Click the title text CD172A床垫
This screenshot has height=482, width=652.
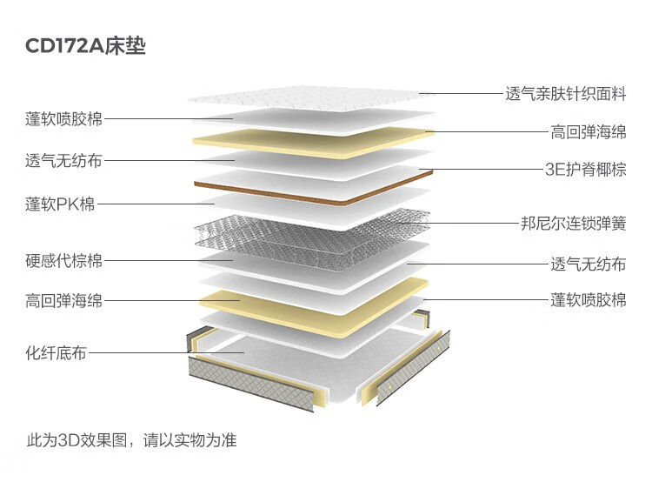[x=85, y=45]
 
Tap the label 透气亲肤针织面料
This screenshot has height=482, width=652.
[x=566, y=94]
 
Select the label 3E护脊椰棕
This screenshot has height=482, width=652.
[x=585, y=170]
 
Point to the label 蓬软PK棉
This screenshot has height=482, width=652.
[x=60, y=204]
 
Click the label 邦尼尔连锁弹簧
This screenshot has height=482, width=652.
[x=574, y=223]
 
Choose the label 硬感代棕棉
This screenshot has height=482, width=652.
[x=63, y=260]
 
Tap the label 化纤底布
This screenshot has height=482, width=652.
[x=57, y=353]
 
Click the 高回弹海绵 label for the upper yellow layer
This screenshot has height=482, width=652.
[x=589, y=132]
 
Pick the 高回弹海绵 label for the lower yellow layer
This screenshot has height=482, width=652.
[x=63, y=300]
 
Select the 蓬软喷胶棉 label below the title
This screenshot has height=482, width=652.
[x=63, y=118]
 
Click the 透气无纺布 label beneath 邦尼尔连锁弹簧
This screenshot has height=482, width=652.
[x=589, y=264]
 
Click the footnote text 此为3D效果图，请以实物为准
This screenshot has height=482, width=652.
[x=132, y=440]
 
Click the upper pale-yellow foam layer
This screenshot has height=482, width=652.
[x=312, y=143]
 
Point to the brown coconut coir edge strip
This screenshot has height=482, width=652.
[x=313, y=194]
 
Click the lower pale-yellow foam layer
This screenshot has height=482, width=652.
[x=314, y=310]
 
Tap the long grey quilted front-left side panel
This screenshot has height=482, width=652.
[x=250, y=384]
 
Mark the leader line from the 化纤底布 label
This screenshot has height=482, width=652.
[x=166, y=353]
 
